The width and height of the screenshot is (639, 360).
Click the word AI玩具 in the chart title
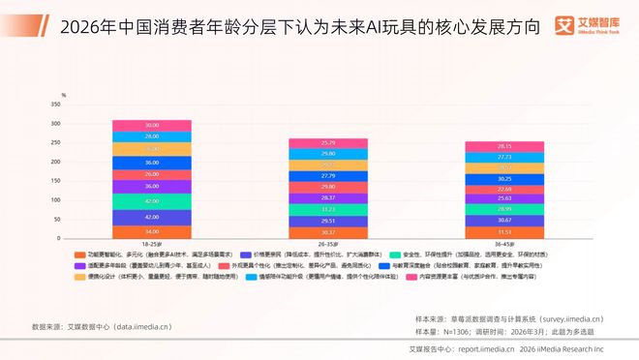point(383,26)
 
